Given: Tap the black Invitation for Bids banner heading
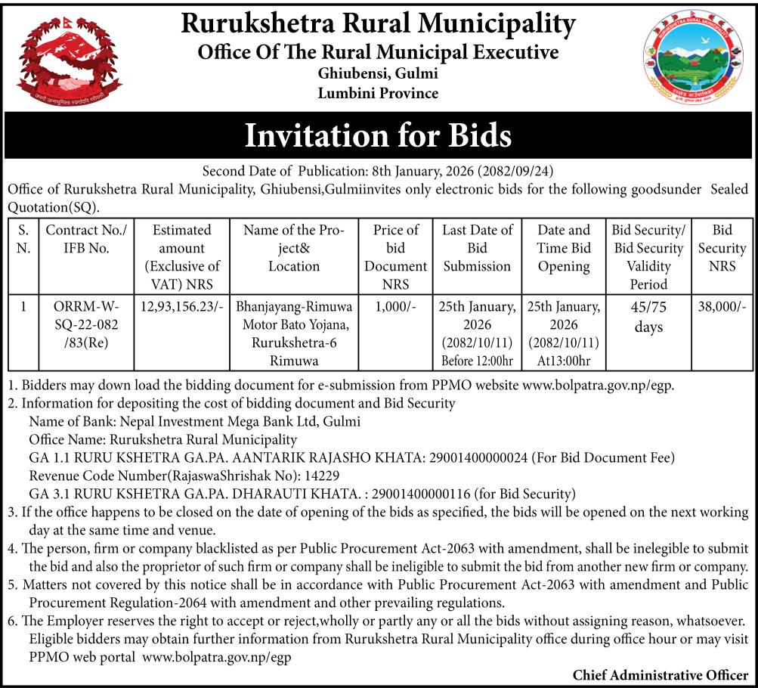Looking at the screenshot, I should [379, 136].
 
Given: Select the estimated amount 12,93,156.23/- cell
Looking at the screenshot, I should [175, 308].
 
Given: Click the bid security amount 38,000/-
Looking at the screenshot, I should [722, 308].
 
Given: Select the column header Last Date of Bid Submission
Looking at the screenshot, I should [477, 247].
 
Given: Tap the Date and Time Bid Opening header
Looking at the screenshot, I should [564, 247].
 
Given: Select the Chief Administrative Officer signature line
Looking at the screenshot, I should [660, 674].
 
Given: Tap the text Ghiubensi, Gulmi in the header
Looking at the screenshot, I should [378, 74].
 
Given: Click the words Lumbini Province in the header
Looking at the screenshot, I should [378, 94].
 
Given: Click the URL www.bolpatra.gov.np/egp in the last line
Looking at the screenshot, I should [217, 657].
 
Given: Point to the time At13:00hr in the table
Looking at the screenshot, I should [564, 361].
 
